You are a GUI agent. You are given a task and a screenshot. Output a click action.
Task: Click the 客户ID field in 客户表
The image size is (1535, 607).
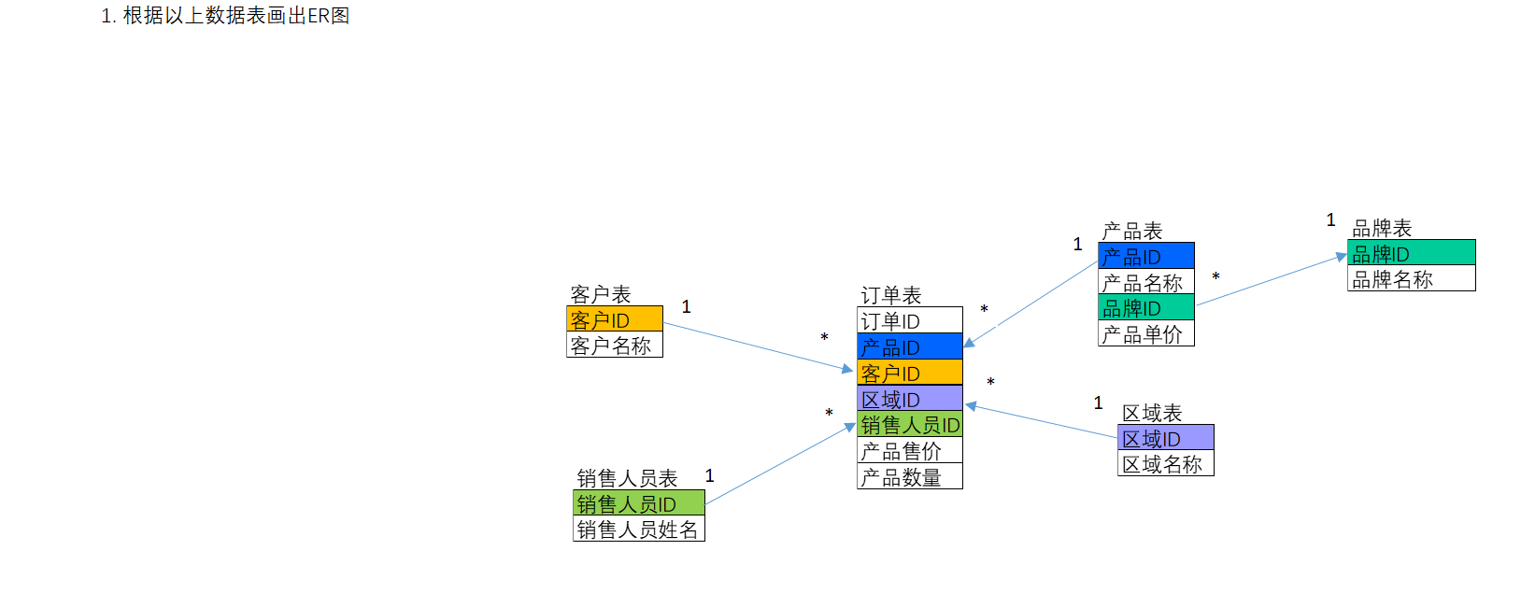(614, 319)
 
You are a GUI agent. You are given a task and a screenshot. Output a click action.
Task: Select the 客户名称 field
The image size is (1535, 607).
(614, 346)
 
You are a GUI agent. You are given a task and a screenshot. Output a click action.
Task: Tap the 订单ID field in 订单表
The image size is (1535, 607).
(909, 320)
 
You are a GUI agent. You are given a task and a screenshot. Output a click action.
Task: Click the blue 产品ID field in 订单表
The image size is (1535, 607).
(909, 346)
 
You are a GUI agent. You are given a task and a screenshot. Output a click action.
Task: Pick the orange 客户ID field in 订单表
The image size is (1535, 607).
(909, 373)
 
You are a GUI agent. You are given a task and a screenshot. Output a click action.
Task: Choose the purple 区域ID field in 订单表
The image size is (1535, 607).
(909, 399)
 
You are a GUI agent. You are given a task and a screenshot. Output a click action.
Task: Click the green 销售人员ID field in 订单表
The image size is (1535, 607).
(909, 425)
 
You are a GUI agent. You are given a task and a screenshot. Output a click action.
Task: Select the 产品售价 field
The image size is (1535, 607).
(909, 451)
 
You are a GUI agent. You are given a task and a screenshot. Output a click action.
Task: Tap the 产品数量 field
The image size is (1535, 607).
(909, 477)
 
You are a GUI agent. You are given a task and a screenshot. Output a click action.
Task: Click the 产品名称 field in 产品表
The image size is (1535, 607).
(1145, 282)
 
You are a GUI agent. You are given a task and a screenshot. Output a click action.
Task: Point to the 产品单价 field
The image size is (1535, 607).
(1145, 334)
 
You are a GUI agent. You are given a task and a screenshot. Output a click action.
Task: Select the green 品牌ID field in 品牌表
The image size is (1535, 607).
(1411, 253)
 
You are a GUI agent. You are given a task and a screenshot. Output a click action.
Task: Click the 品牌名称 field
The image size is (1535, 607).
(1411, 278)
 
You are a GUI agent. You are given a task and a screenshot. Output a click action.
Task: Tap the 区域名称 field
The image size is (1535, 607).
(1165, 464)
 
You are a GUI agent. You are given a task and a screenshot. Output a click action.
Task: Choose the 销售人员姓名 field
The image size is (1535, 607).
(638, 529)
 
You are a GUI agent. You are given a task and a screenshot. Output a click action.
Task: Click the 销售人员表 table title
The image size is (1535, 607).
(627, 478)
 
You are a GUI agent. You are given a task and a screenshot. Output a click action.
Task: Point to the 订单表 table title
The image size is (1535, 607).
(890, 295)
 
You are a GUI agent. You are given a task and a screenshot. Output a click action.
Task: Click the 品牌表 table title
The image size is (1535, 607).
(1382, 228)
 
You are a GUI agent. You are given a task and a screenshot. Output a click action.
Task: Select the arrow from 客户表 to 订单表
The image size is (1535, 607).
(757, 346)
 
